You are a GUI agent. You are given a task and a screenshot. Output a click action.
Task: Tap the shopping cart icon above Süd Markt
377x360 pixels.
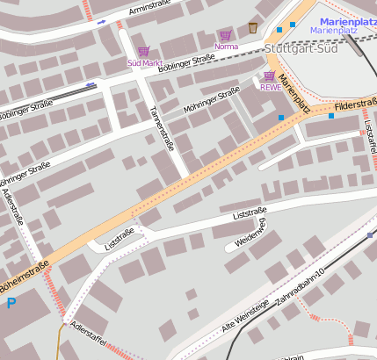[x=143, y=51]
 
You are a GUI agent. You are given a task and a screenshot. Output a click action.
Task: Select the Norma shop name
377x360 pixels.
[x=226, y=47]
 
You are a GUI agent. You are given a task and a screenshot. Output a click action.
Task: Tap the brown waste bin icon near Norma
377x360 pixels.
[x=253, y=27]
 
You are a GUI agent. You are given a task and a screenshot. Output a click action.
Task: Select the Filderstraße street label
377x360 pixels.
[x=355, y=104]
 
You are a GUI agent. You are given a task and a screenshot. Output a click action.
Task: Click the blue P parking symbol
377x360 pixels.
[x=11, y=304]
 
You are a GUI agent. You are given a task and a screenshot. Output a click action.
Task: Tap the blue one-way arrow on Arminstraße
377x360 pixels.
[x=101, y=20]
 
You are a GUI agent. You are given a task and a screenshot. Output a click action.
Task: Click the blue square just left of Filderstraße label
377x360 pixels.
[x=331, y=115]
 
